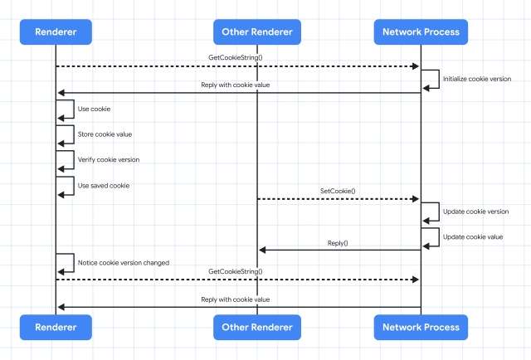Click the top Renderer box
(56, 32)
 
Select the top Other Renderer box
(257, 32)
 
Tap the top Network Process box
(421, 32)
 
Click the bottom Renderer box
(56, 327)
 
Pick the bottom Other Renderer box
(257, 327)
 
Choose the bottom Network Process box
(421, 327)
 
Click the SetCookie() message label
(338, 191)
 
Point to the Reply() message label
(338, 243)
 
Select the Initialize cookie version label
(477, 79)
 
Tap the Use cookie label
(94, 109)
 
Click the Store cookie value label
(105, 134)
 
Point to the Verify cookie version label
(109, 160)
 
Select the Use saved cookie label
(104, 186)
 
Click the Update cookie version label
(475, 212)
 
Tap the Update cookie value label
(473, 237)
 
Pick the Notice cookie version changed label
(124, 263)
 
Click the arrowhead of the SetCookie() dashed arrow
(416, 199)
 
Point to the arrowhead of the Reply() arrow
(262, 251)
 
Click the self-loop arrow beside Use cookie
(74, 109)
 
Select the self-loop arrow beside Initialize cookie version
(439, 80)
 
